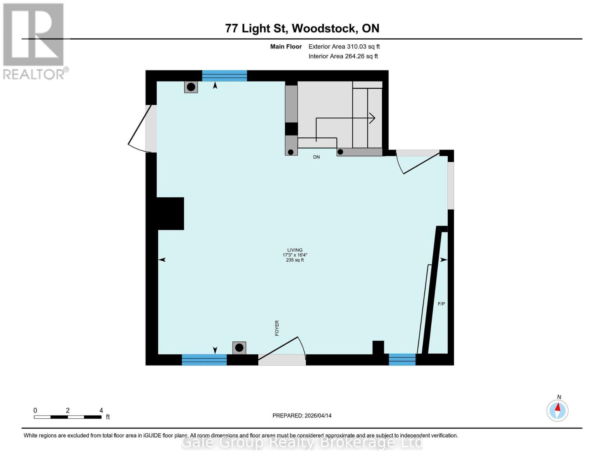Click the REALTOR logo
(34, 41)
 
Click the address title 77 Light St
(302, 28)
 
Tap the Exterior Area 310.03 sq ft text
(344, 47)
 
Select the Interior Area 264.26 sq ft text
(343, 56)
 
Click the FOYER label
(277, 328)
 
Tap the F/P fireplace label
(441, 304)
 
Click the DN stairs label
(317, 157)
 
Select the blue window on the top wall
(224, 76)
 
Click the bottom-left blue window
(204, 360)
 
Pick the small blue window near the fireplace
(402, 360)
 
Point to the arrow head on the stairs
(372, 118)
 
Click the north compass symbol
(557, 410)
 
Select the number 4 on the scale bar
(101, 410)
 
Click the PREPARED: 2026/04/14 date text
(302, 416)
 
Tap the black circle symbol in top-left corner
(191, 87)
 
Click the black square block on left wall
(170, 214)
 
